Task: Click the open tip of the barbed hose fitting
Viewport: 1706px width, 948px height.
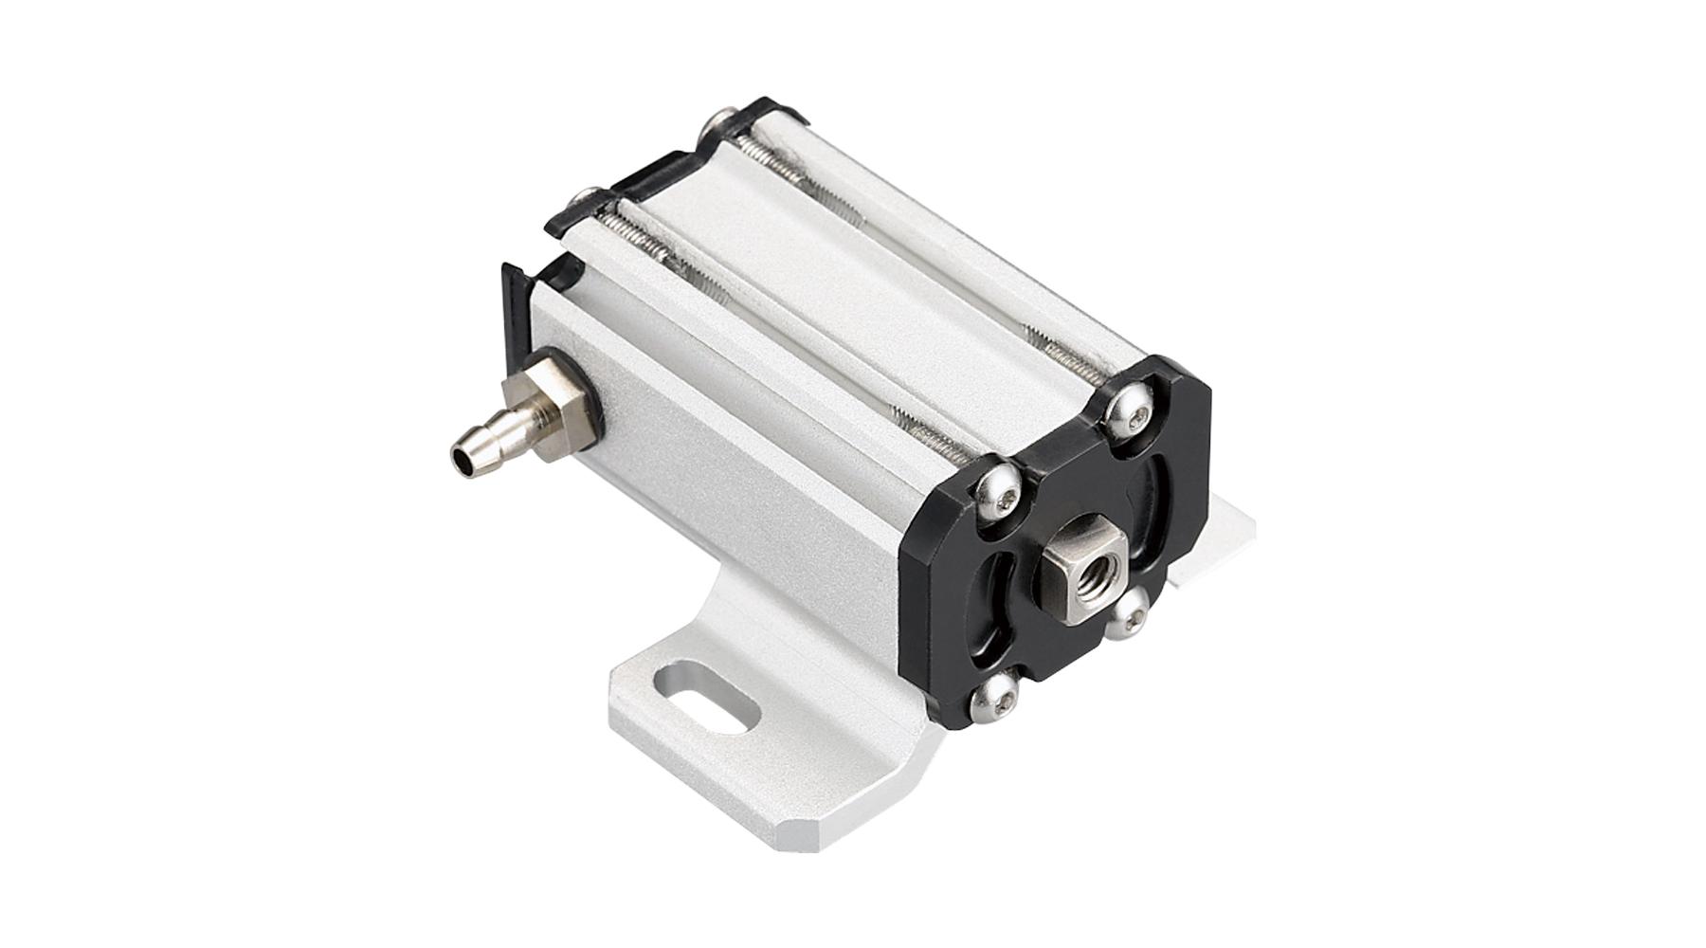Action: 462,463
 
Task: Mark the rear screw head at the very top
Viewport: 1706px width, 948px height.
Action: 720,125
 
